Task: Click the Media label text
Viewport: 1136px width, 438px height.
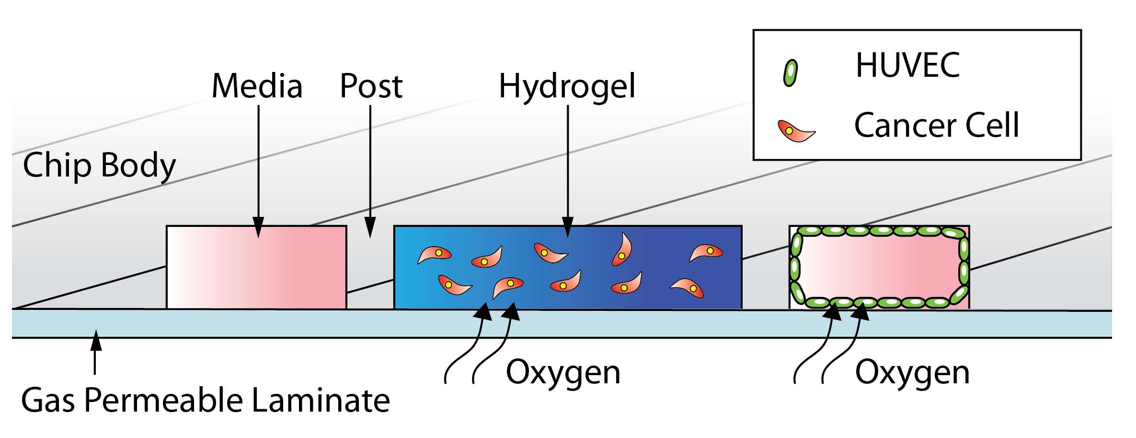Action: [x=257, y=86]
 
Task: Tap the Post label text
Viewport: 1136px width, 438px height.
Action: [x=371, y=86]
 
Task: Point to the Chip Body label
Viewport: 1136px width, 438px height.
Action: [x=99, y=166]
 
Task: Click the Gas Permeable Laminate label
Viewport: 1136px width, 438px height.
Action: [x=206, y=401]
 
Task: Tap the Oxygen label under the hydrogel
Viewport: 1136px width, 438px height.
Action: [x=563, y=372]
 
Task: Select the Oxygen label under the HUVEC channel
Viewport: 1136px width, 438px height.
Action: [x=912, y=372]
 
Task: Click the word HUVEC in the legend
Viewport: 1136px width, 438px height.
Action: [x=907, y=65]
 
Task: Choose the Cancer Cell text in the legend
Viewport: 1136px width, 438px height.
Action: [x=936, y=126]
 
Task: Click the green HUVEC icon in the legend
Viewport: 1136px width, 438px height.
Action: [x=790, y=73]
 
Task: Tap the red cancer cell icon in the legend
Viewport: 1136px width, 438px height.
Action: [x=795, y=130]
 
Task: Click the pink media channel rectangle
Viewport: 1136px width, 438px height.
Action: [x=256, y=267]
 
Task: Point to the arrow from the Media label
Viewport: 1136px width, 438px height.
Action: [x=258, y=168]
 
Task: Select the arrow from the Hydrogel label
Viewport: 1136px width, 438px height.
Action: [x=568, y=168]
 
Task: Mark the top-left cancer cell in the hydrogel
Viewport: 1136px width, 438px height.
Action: [x=435, y=254]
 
